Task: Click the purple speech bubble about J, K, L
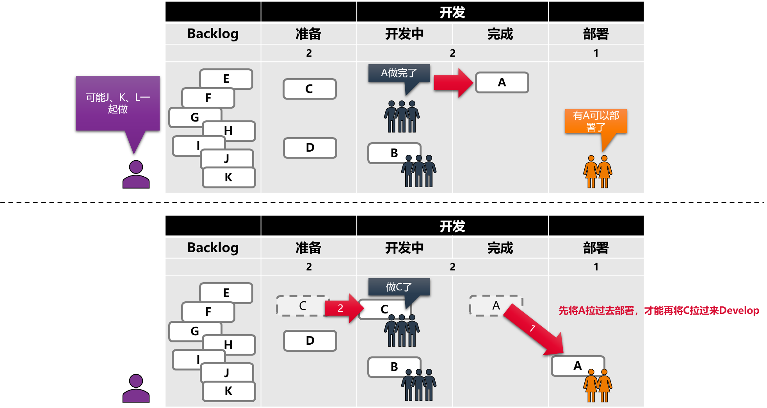tap(117, 103)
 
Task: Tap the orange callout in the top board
tap(596, 121)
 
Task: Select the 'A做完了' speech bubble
tap(399, 73)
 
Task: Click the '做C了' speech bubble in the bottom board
tap(399, 287)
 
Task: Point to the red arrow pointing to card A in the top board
tap(453, 82)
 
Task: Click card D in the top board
tap(310, 148)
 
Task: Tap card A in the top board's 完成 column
tap(502, 82)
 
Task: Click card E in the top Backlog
tap(226, 79)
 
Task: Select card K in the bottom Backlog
tap(229, 391)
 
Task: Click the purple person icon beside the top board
tap(136, 175)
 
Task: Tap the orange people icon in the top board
tap(598, 172)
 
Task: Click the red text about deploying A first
tap(658, 311)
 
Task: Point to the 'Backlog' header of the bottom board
tap(213, 247)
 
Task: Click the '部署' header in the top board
tap(596, 34)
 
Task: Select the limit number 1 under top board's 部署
tap(596, 53)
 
